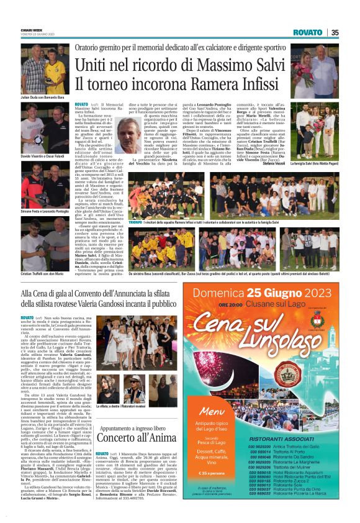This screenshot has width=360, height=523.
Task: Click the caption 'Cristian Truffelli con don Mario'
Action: [43, 273]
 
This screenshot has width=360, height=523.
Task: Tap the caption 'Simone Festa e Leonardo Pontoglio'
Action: [44, 212]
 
